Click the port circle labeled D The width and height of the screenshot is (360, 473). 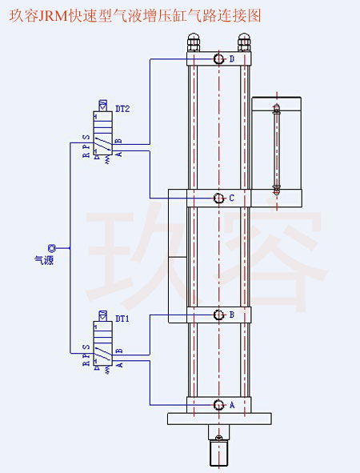click(x=218, y=59)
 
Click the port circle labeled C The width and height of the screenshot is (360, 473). click(x=218, y=198)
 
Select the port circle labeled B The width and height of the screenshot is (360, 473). click(x=218, y=315)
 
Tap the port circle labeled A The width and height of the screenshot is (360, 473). click(x=218, y=405)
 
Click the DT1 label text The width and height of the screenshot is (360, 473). click(x=122, y=318)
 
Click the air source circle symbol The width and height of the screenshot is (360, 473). click(x=52, y=248)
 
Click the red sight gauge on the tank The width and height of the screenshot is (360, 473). click(x=277, y=148)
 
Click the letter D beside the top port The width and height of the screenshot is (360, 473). click(x=232, y=59)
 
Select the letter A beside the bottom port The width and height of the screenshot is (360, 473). click(x=232, y=405)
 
